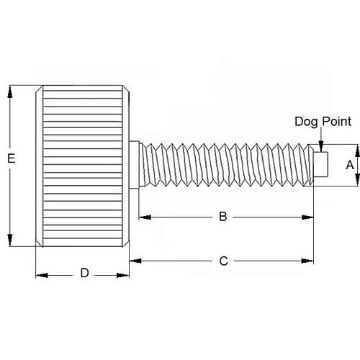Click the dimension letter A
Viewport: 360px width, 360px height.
coord(350,164)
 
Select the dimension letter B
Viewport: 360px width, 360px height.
coord(222,216)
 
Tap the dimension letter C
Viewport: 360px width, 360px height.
coord(222,261)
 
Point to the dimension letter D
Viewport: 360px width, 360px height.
coord(84,274)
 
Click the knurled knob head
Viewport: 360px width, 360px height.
coord(82,165)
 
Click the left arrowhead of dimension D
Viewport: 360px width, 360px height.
coord(40,274)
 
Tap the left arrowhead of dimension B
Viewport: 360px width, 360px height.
coord(141,216)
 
